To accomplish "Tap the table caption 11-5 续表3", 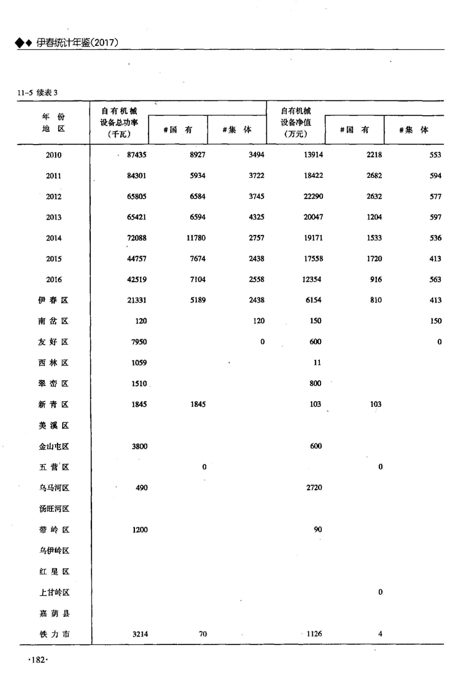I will pos(38,92).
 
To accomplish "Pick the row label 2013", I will pos(54,218).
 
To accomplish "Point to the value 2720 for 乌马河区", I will pos(313,488).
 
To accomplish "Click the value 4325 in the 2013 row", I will pos(255,218).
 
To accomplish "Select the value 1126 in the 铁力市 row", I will pos(313,634).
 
